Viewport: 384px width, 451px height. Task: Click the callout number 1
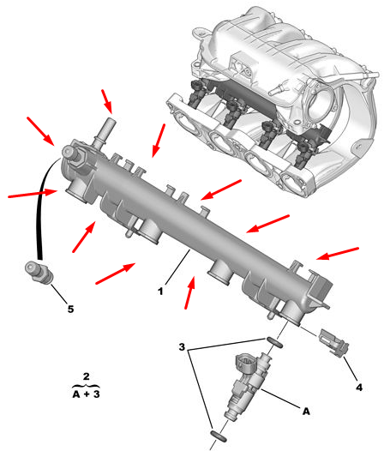coord(160,291)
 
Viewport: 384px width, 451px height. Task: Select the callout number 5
coord(70,309)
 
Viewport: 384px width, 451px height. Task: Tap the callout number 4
coord(359,388)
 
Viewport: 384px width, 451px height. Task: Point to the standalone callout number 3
coord(182,347)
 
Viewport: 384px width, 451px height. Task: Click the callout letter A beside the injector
coord(306,412)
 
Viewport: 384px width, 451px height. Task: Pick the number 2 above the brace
coord(86,376)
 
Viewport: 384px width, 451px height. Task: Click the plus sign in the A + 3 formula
coord(87,394)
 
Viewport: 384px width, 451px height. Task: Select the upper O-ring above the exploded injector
coord(274,342)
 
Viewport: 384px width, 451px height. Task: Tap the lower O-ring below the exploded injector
coord(219,436)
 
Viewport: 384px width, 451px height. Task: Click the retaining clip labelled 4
coord(334,343)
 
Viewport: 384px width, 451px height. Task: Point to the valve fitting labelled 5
coord(39,272)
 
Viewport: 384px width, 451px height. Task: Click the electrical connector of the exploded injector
coord(245,362)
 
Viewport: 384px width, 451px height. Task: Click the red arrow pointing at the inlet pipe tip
coord(107,101)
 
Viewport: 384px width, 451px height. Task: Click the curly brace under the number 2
coord(86,386)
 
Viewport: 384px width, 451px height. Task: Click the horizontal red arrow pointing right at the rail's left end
coord(33,193)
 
